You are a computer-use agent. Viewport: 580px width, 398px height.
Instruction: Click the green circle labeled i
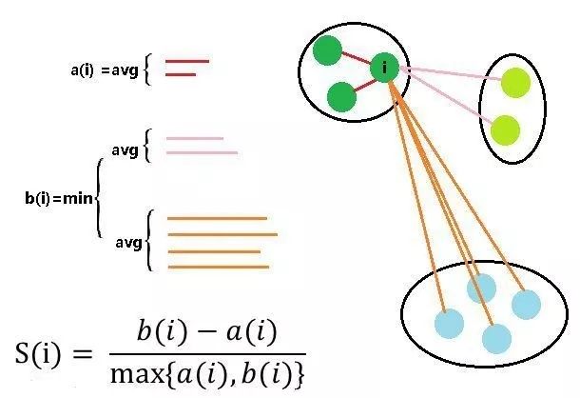coord(383,67)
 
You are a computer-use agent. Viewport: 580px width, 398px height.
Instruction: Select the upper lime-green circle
coord(515,84)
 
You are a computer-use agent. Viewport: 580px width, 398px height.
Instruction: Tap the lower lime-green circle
coord(506,129)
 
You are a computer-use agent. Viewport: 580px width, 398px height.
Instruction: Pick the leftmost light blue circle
coord(448,323)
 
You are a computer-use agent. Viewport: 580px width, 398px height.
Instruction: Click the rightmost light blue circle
coord(526,304)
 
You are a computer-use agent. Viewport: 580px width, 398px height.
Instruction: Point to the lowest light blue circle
coord(496,338)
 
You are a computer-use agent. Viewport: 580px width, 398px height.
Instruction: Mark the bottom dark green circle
coord(340,96)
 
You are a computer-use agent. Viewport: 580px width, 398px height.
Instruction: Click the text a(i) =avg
coord(105,70)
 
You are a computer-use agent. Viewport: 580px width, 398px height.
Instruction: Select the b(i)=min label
coord(59,197)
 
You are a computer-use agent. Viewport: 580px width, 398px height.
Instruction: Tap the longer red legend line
coord(187,62)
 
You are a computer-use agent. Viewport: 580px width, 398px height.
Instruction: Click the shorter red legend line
coord(181,74)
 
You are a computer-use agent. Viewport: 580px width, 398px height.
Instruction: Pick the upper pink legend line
coord(195,139)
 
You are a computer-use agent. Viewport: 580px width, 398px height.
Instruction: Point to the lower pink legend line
coord(202,152)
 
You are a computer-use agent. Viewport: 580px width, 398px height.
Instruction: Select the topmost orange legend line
coord(217,219)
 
